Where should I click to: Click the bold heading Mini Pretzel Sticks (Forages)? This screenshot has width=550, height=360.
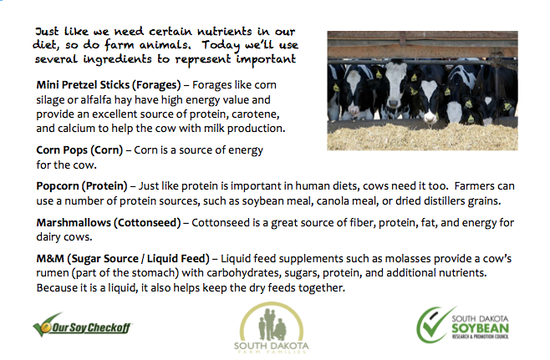click(x=109, y=85)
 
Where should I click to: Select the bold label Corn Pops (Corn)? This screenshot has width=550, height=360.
click(x=79, y=150)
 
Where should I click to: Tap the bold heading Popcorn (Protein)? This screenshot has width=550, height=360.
click(x=82, y=185)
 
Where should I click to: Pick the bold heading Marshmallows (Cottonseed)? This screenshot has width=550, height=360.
click(x=109, y=222)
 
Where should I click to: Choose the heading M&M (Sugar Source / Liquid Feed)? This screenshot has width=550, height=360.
click(x=123, y=259)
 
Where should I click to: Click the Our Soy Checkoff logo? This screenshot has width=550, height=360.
click(x=82, y=325)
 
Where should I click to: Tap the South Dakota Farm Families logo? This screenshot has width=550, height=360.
click(x=271, y=327)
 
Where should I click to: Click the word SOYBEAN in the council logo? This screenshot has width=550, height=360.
click(x=480, y=328)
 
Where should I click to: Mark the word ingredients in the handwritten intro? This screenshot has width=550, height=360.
click(x=117, y=59)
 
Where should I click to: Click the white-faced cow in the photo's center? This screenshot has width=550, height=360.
click(x=396, y=88)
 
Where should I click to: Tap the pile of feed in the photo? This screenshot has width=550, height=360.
click(x=422, y=136)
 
